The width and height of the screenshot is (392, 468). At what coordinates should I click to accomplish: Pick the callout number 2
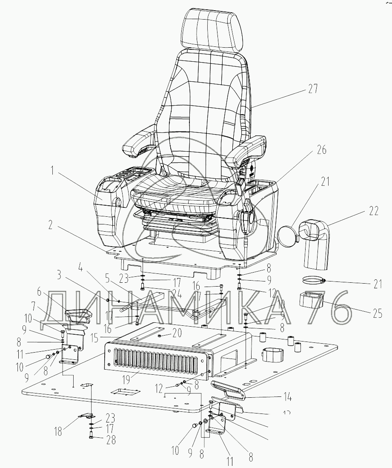tap(50, 226)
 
